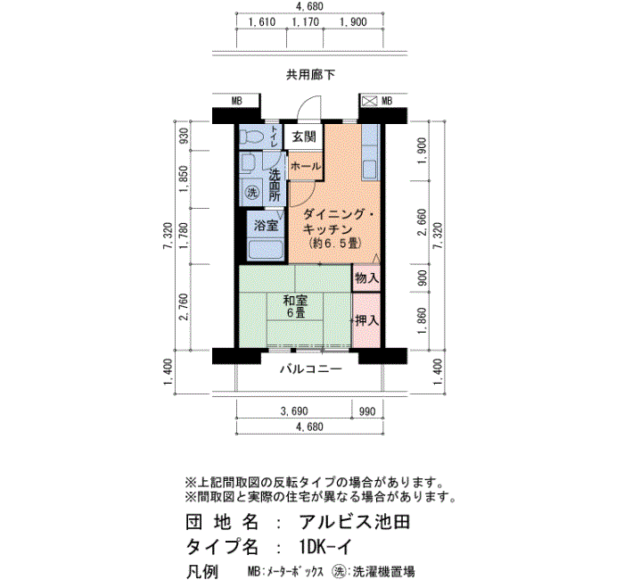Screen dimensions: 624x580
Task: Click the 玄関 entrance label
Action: tap(304, 137)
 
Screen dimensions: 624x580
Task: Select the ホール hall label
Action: tap(305, 166)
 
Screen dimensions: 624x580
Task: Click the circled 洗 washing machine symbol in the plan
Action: tap(252, 193)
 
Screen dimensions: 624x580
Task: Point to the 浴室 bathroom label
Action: tap(266, 226)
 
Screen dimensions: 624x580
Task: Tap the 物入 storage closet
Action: tap(366, 278)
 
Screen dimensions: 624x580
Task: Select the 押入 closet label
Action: tap(367, 320)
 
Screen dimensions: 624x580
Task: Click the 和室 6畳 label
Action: tap(295, 306)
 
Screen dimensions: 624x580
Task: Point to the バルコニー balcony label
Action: tap(311, 369)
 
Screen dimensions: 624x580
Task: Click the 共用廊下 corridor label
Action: tap(310, 74)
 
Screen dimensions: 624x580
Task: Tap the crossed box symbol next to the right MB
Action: tap(369, 101)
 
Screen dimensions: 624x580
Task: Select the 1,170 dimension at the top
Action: tap(305, 22)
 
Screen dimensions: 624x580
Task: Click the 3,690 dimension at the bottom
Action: tap(294, 411)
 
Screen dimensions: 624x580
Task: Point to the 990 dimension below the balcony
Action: tap(367, 411)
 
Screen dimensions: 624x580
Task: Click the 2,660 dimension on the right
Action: tap(422, 222)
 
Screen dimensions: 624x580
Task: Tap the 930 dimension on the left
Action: tap(185, 137)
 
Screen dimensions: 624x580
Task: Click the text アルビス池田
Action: tap(355, 522)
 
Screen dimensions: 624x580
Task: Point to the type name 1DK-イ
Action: tap(326, 547)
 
